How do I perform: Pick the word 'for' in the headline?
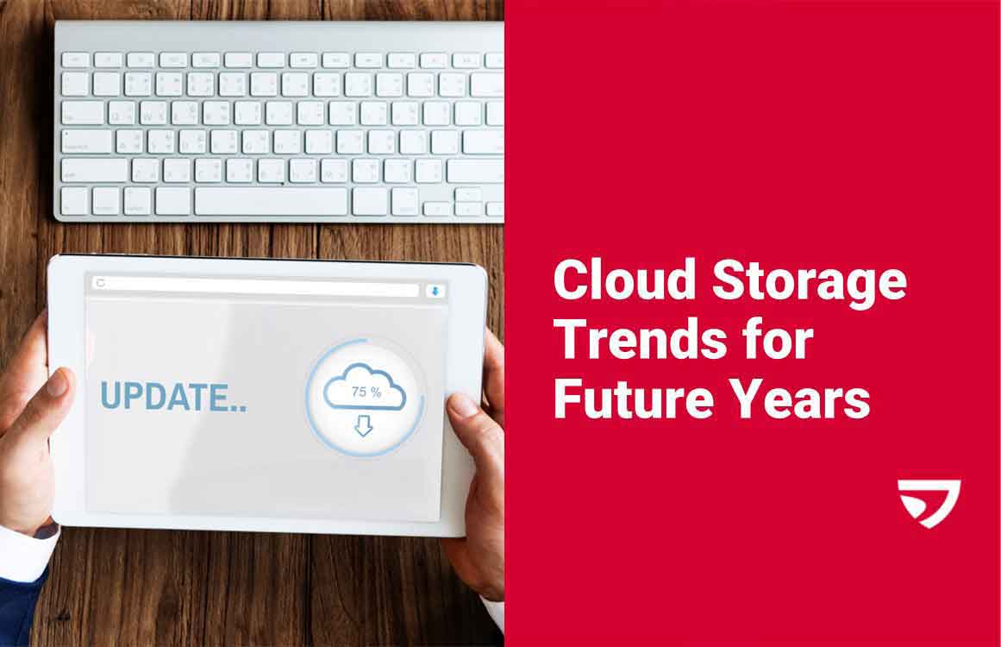[x=780, y=340]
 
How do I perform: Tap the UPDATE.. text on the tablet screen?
[x=172, y=396]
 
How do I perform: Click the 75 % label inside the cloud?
[x=366, y=392]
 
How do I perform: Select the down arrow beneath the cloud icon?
[x=364, y=425]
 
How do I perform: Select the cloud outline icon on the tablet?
[x=365, y=387]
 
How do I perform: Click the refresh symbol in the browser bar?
[x=101, y=283]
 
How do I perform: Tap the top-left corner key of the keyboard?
[x=75, y=60]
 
